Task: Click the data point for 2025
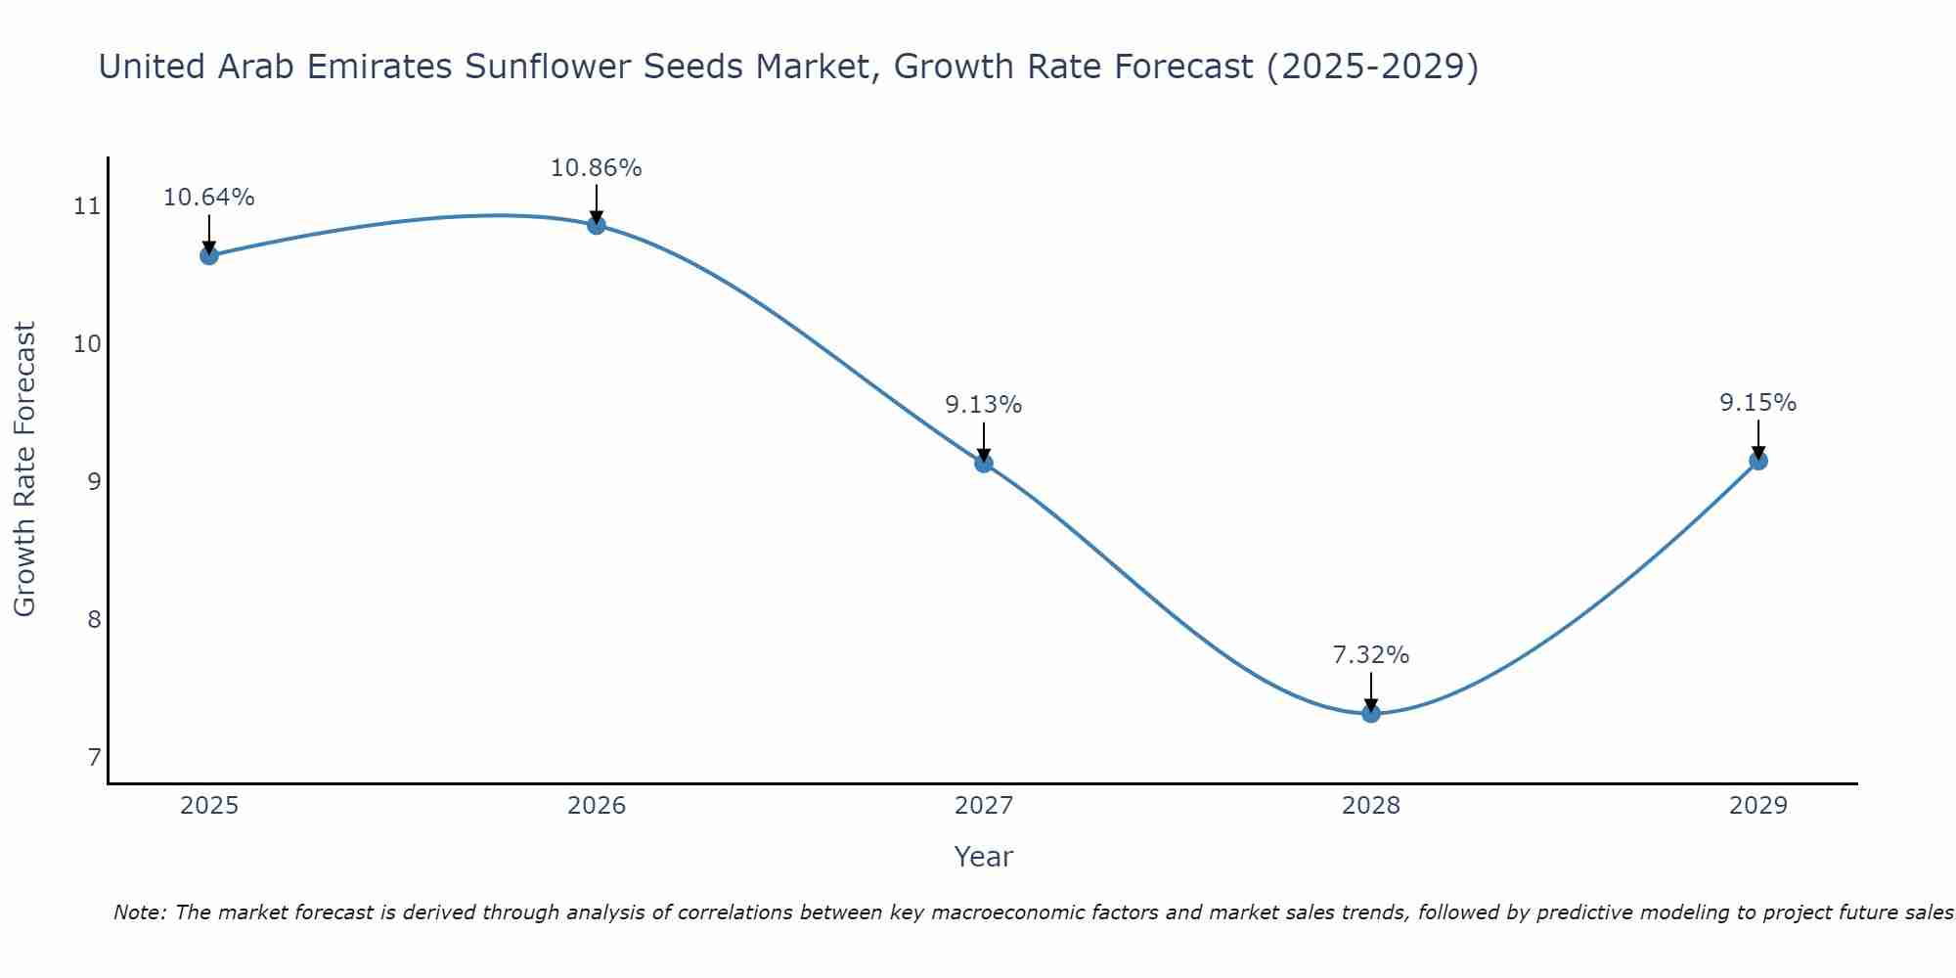pyautogui.click(x=208, y=255)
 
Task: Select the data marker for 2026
pyautogui.click(x=597, y=225)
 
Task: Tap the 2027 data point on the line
pyautogui.click(x=984, y=463)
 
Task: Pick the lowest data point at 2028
pyautogui.click(x=1371, y=713)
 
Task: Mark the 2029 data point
pyautogui.click(x=1757, y=461)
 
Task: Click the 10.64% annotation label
pyautogui.click(x=208, y=198)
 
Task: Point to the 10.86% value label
pyautogui.click(x=596, y=168)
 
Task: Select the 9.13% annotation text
pyautogui.click(x=983, y=405)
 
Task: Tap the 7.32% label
pyautogui.click(x=1370, y=655)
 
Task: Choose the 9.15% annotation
pyautogui.click(x=1757, y=403)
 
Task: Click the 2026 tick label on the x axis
pyautogui.click(x=597, y=806)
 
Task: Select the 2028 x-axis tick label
pyautogui.click(x=1371, y=806)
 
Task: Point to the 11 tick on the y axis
pyautogui.click(x=87, y=206)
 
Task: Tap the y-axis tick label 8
pyautogui.click(x=94, y=620)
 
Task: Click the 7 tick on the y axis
pyautogui.click(x=94, y=758)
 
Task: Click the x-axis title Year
pyautogui.click(x=983, y=857)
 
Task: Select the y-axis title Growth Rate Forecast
pyautogui.click(x=24, y=469)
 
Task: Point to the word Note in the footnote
pyautogui.click(x=140, y=912)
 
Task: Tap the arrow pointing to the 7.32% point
pyautogui.click(x=1371, y=690)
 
